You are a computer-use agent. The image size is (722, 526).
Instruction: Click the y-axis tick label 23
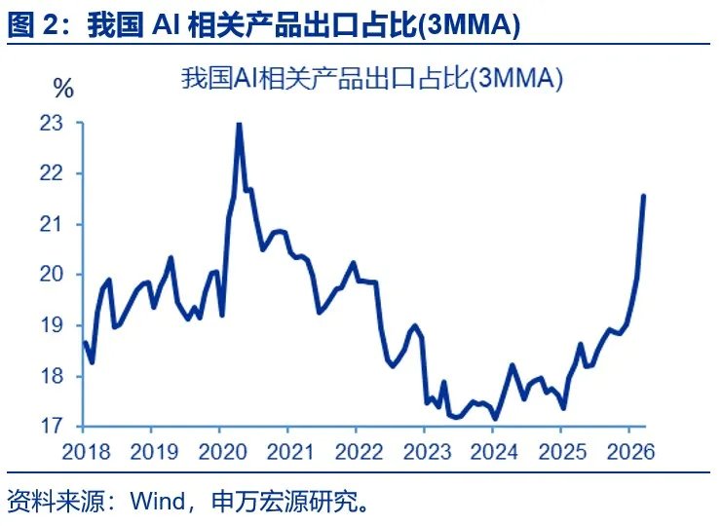coord(52,124)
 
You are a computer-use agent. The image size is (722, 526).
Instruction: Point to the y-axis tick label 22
coord(52,173)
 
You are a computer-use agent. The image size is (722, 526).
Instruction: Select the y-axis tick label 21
coord(52,224)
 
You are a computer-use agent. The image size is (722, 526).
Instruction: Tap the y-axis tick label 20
coord(52,275)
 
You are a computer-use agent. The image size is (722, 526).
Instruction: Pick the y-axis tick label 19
coord(52,325)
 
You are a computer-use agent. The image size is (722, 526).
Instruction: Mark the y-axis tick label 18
coord(52,376)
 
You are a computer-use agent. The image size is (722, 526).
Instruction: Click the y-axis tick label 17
coord(52,426)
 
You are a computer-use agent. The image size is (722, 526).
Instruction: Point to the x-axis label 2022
coord(356,452)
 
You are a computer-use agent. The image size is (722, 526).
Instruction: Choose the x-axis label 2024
coord(493,452)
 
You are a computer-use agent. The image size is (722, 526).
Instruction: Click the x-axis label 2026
coord(628,452)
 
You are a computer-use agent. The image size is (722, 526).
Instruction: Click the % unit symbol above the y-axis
coord(64,90)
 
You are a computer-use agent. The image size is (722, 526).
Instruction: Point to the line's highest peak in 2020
coord(239,124)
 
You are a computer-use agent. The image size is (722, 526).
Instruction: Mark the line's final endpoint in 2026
coord(643,196)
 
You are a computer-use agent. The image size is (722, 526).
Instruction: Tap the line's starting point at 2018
coord(84,342)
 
